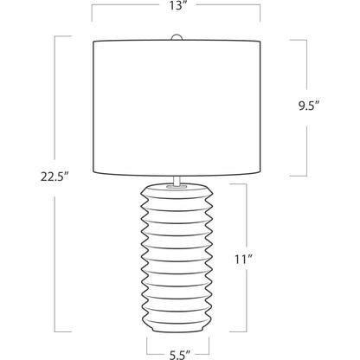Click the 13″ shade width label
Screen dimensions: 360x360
click(177, 6)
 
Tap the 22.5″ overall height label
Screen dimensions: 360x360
click(55, 177)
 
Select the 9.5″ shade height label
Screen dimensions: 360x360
click(309, 106)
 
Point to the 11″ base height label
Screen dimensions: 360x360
click(244, 260)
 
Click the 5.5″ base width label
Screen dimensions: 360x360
click(180, 355)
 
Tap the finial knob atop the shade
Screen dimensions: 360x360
click(177, 37)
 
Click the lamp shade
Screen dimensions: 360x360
click(177, 108)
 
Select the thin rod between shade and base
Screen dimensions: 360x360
click(177, 180)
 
